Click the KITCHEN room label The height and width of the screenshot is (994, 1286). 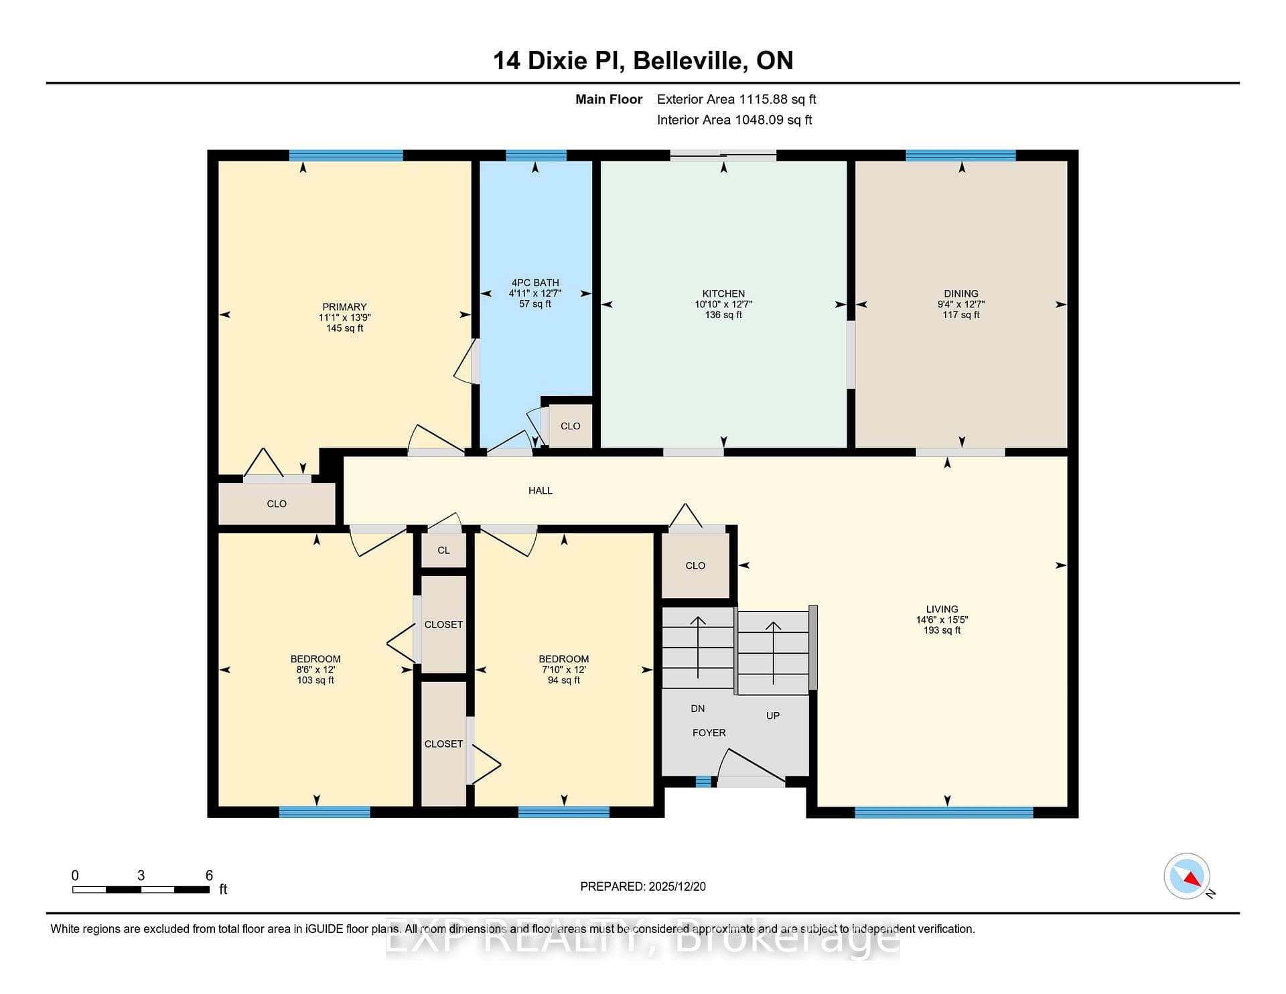723,293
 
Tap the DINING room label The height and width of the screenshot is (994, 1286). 961,293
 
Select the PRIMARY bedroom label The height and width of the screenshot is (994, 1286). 344,307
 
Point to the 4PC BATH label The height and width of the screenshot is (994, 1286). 535,283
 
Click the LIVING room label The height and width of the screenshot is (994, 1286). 942,609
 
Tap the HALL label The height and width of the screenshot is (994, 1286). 541,490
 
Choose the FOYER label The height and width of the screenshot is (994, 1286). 709,733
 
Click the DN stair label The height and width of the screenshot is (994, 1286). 698,709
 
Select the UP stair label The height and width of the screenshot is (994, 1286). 773,715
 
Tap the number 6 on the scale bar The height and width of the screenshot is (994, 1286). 209,875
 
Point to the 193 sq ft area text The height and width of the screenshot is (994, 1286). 942,630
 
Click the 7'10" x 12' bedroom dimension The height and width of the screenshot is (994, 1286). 564,670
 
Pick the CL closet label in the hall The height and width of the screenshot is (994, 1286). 443,551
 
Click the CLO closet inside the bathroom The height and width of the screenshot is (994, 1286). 571,426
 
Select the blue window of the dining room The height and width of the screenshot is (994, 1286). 960,155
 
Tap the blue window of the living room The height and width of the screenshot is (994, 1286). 944,812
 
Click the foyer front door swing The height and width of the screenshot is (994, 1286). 750,766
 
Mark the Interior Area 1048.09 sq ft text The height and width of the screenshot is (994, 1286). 734,120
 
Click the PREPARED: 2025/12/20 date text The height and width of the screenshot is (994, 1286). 643,886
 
